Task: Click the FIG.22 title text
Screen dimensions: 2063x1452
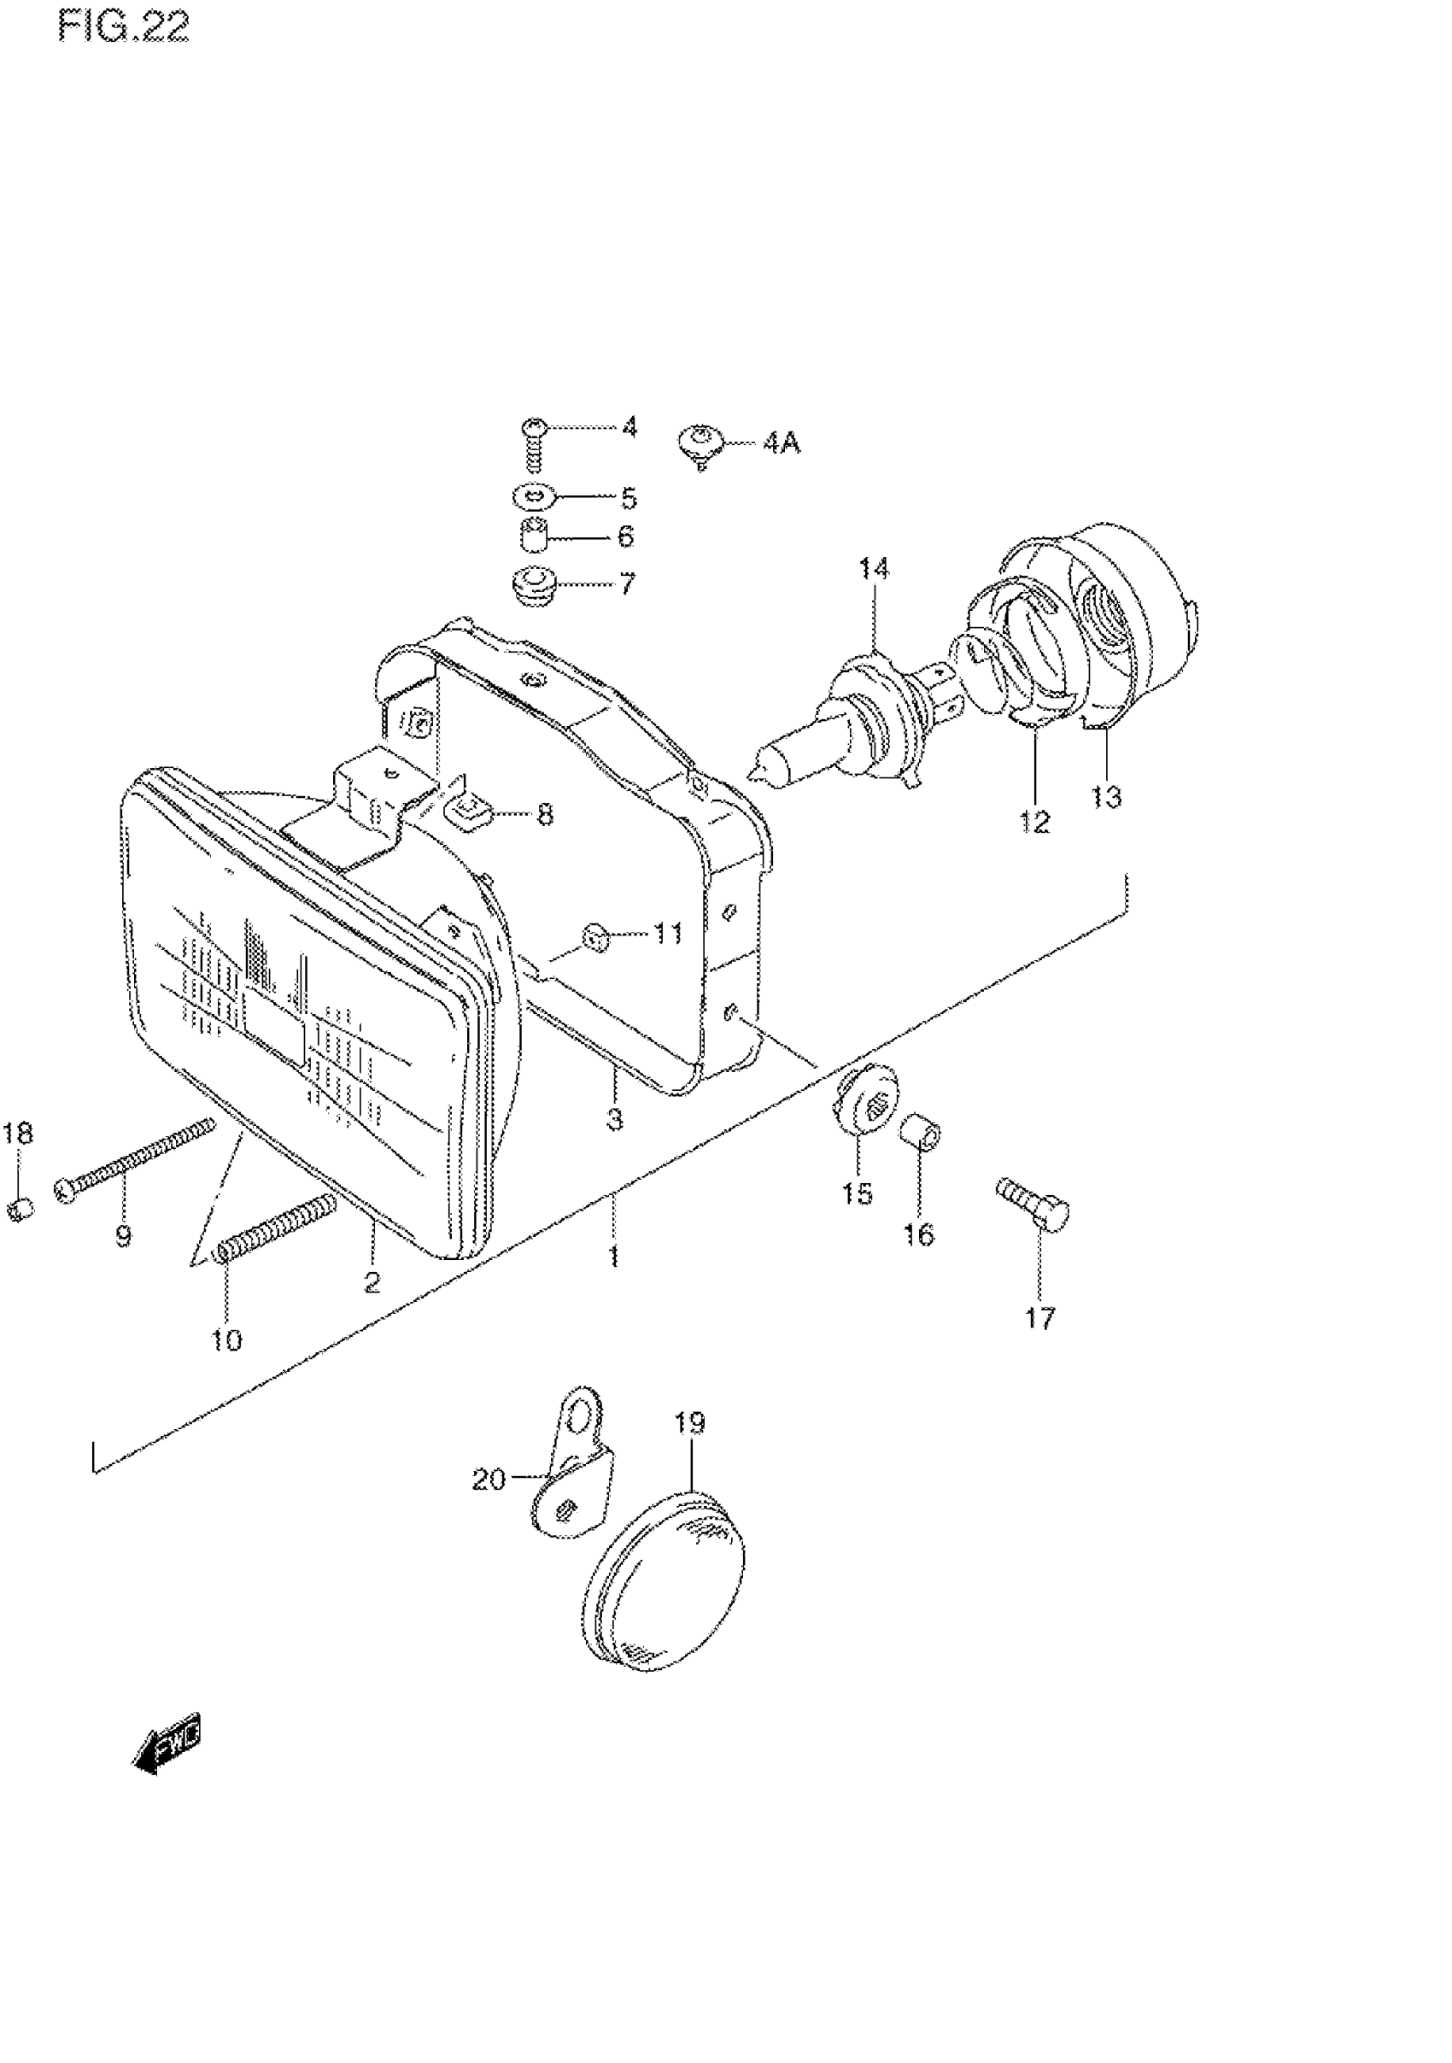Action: coord(124,28)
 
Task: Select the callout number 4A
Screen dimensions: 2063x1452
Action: coord(782,444)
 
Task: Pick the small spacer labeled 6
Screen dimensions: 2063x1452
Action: coord(535,537)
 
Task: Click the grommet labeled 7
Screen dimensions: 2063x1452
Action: coord(534,584)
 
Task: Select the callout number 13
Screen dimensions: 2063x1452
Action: coord(1106,796)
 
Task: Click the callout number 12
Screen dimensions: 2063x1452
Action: coord(1035,821)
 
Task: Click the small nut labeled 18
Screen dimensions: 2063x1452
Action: coord(20,1209)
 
